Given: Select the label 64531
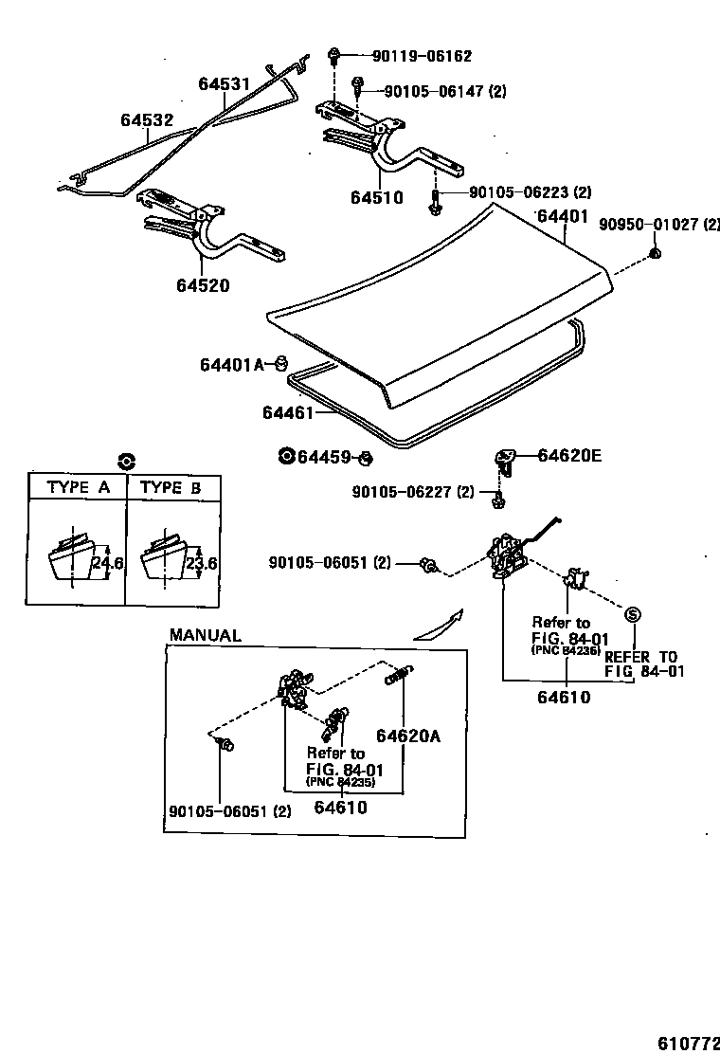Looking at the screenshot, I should [224, 84].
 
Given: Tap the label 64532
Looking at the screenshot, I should [147, 120].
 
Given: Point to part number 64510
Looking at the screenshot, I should [376, 198].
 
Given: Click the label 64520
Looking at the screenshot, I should [202, 285].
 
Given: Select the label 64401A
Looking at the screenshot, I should [230, 365].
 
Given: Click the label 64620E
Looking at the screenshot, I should [569, 455].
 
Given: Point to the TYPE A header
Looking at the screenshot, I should [78, 488].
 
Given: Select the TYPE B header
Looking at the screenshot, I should [171, 488].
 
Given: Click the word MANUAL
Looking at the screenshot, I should [205, 636].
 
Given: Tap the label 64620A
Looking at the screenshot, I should [408, 736].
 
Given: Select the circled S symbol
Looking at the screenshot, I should [634, 613].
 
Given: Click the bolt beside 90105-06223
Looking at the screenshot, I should [434, 202].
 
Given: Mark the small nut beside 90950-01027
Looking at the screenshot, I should [655, 253].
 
